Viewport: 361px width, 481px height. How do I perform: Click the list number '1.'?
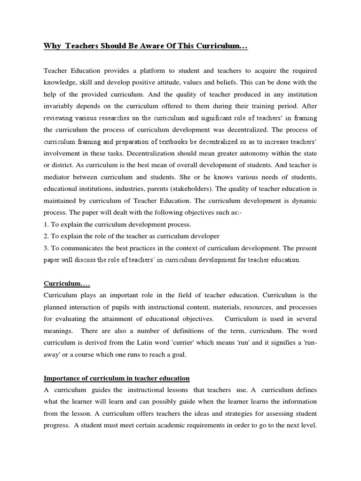(x=46, y=224)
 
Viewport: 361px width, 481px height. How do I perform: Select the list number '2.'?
(x=46, y=235)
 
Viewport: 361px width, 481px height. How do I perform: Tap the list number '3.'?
(x=46, y=248)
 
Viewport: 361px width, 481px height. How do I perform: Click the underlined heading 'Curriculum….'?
(x=67, y=284)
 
